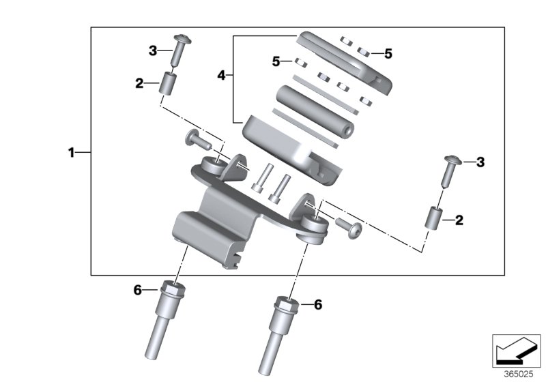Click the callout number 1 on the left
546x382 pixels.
click(70, 153)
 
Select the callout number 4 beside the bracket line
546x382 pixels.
click(220, 76)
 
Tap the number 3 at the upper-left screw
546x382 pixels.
click(153, 50)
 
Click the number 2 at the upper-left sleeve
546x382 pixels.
click(139, 84)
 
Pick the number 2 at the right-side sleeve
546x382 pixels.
click(459, 220)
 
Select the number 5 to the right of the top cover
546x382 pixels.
click(388, 53)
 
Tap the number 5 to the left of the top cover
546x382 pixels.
click(276, 61)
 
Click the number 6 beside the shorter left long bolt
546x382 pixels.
click(136, 291)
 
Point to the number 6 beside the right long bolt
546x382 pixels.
click(317, 305)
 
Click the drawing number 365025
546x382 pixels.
click(519, 374)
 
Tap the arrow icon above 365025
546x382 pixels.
click(512, 351)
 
